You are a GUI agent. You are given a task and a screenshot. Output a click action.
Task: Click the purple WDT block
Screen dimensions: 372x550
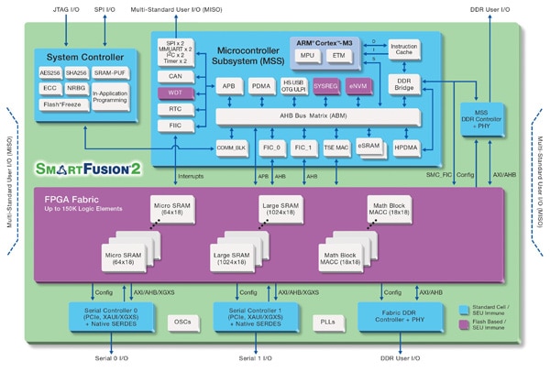(175, 93)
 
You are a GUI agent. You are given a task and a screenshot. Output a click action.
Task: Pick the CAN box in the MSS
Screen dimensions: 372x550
(175, 76)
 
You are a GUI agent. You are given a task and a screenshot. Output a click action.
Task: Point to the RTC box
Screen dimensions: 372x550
(175, 109)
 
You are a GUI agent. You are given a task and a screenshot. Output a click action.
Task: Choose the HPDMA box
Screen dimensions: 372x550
(404, 147)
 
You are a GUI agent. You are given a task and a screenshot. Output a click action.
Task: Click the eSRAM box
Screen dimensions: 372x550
(368, 147)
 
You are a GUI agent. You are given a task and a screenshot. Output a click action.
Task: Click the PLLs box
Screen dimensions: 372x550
(330, 322)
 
